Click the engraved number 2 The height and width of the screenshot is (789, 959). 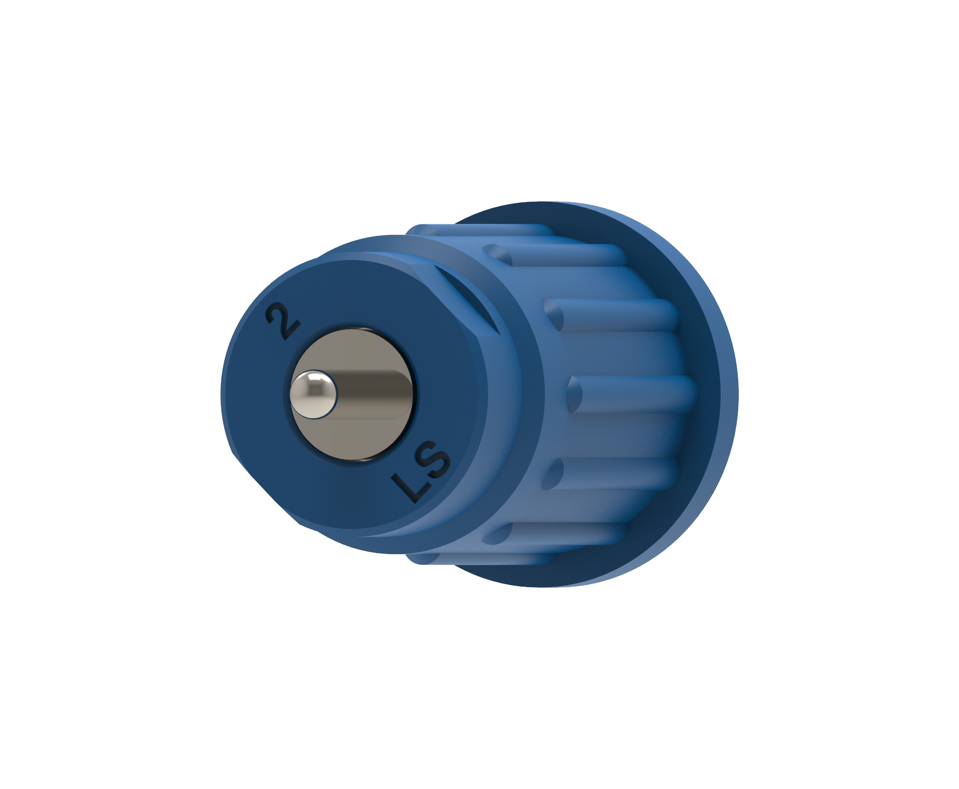[283, 320]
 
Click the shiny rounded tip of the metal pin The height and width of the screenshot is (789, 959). [314, 394]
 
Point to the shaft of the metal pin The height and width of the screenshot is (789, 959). [375, 394]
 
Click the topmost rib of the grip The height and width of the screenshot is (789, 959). [479, 231]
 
